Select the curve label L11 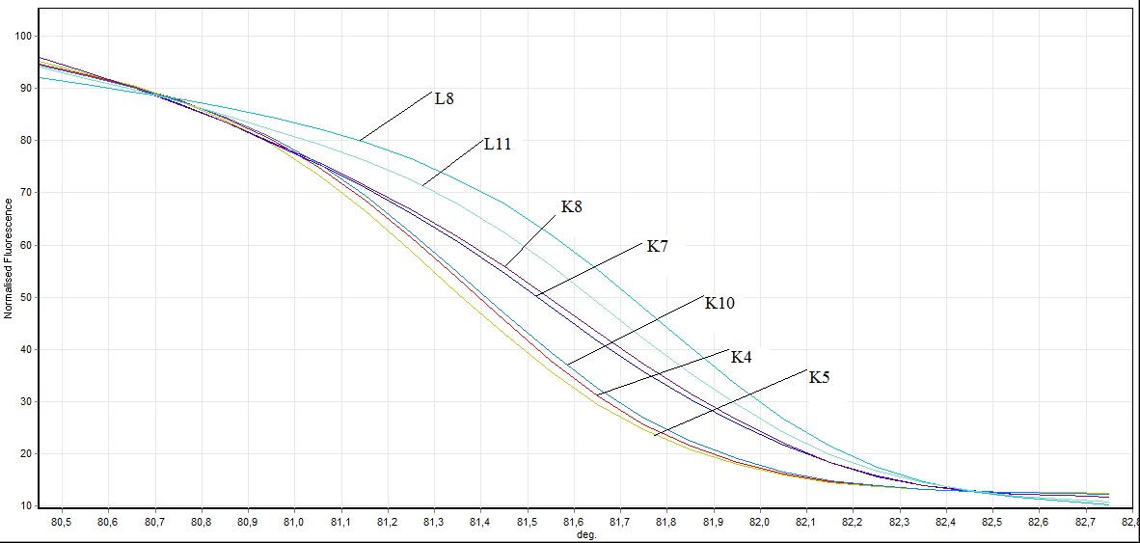pyautogui.click(x=498, y=144)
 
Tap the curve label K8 pyautogui.click(x=572, y=206)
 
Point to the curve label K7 pyautogui.click(x=657, y=247)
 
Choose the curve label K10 pyautogui.click(x=719, y=303)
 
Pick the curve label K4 pyautogui.click(x=741, y=357)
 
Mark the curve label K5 pyautogui.click(x=819, y=377)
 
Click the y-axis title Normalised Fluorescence pyautogui.click(x=9, y=258)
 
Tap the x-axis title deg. pyautogui.click(x=584, y=534)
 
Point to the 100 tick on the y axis pyautogui.click(x=24, y=36)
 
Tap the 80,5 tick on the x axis pyautogui.click(x=62, y=522)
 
